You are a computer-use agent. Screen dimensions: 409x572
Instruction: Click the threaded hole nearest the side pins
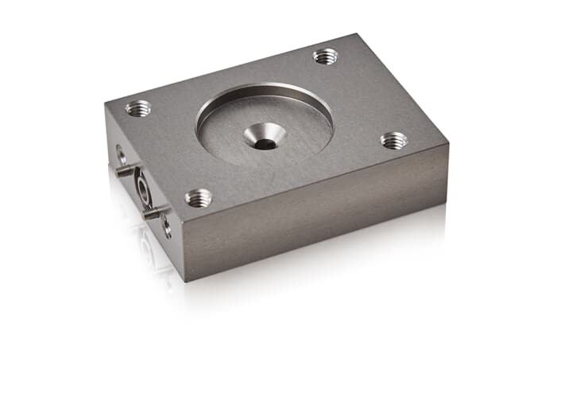(x=138, y=108)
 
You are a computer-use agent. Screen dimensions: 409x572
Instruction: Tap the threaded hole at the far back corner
(x=325, y=56)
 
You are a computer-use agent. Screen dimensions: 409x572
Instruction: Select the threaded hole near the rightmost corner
(x=393, y=141)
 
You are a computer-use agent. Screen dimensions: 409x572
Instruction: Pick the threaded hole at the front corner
(x=198, y=197)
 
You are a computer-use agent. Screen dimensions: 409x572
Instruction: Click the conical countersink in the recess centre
(x=264, y=138)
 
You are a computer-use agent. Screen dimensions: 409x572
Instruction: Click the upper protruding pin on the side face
(x=123, y=169)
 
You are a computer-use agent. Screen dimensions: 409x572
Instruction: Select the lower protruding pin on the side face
(x=151, y=212)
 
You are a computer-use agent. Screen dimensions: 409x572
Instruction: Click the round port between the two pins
(x=140, y=189)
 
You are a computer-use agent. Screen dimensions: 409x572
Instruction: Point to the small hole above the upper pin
(x=121, y=154)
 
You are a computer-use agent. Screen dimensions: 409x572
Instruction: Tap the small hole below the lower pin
(x=167, y=228)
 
